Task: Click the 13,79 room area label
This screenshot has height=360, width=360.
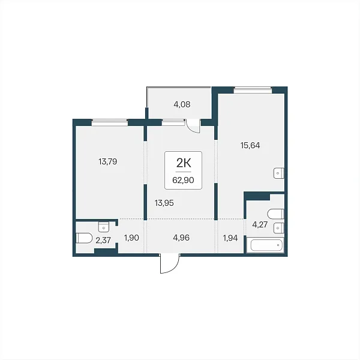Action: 108,162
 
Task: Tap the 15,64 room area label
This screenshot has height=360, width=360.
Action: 250,146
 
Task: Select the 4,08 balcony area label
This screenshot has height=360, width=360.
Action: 182,104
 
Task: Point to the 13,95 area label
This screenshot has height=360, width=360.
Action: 164,203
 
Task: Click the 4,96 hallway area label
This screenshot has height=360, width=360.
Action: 181,238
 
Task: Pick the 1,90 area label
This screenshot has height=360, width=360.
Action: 131,238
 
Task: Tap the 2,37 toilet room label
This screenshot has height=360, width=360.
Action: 103,241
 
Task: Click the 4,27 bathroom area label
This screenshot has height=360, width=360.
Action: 260,225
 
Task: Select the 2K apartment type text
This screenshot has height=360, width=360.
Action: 184,163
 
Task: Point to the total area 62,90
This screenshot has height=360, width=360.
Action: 183,180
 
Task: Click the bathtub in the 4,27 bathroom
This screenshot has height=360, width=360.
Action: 266,245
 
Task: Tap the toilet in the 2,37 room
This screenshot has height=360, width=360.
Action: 84,238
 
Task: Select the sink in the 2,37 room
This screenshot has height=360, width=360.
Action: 104,227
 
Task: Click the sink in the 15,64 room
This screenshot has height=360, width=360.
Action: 279,173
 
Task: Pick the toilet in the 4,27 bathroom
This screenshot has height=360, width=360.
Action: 276,214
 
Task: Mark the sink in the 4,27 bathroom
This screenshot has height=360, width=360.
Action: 279,228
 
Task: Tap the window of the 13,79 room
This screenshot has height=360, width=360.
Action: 110,122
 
